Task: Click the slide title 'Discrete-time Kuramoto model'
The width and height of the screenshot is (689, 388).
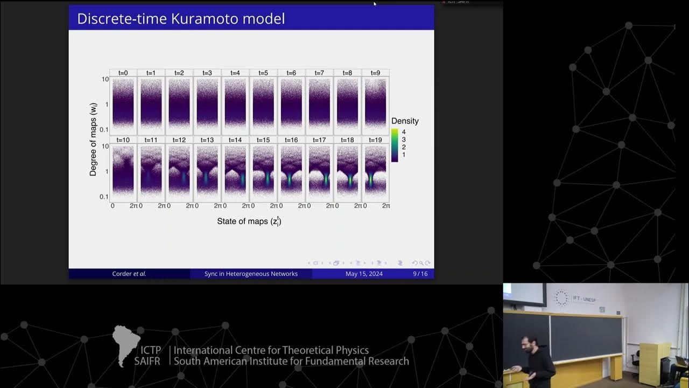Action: (181, 18)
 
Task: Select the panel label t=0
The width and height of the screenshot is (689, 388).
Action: (123, 73)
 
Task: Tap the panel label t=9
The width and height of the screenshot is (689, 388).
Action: (375, 73)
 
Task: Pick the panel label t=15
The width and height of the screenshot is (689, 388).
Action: (263, 140)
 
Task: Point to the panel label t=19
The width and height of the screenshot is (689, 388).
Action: (375, 140)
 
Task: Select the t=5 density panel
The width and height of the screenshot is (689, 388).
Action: (263, 105)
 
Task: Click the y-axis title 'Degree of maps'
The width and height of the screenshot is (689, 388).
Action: (93, 138)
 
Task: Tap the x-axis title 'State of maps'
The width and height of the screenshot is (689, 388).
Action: (249, 221)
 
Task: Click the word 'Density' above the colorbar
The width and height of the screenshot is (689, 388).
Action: (405, 121)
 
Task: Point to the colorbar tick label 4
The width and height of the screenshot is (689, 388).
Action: (404, 132)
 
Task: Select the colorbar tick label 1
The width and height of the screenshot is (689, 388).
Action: (404, 155)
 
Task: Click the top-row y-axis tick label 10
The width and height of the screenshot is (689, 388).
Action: (105, 79)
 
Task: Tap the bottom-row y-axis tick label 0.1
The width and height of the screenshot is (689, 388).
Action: (104, 197)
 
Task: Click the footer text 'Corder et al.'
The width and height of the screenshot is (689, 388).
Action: (129, 274)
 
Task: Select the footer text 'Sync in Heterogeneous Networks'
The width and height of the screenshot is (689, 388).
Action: (251, 274)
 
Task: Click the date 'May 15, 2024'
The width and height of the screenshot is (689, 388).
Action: (364, 274)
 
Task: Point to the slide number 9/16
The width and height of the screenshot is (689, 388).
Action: (420, 274)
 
